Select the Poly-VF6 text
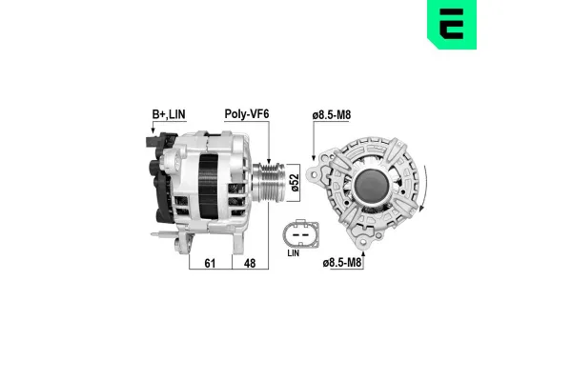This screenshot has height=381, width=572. tap(245, 115)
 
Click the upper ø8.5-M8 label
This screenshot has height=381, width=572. tap(334, 116)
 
